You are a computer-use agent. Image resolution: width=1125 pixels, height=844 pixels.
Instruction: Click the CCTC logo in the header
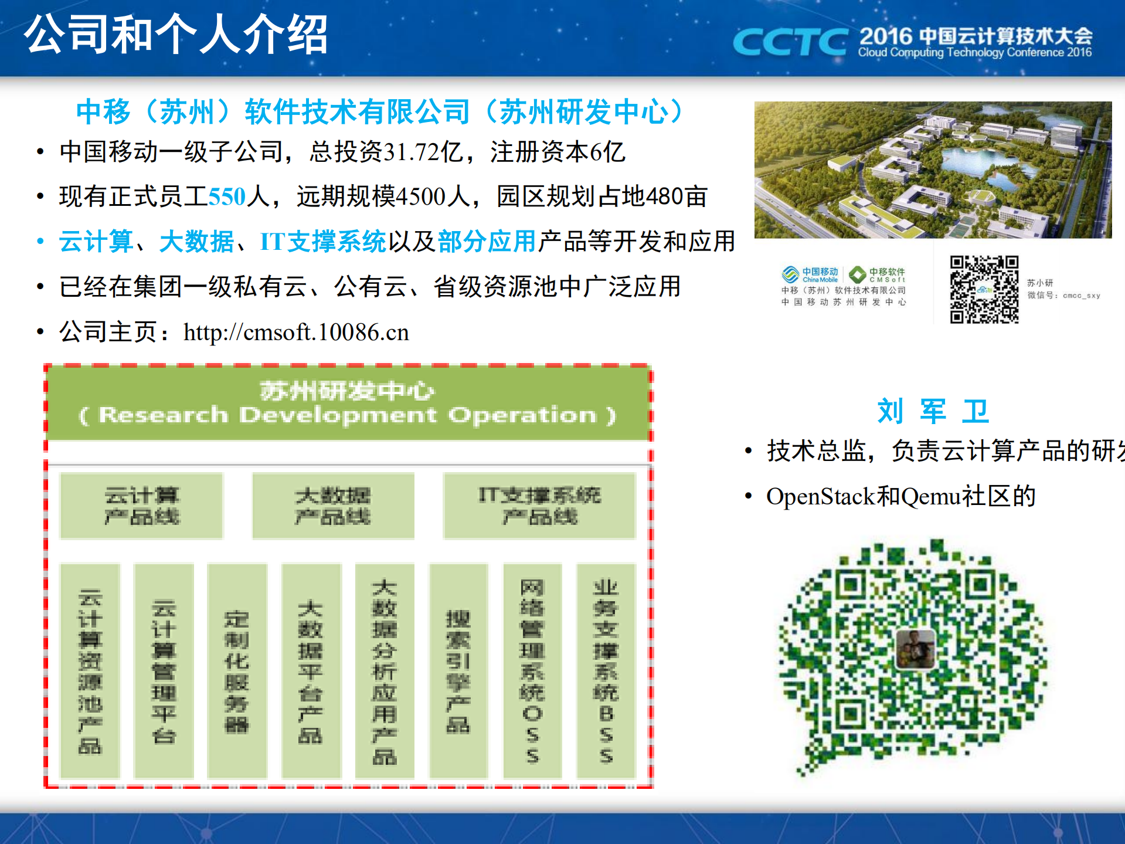(790, 42)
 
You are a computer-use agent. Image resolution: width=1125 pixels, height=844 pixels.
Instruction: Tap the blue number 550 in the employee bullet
(227, 196)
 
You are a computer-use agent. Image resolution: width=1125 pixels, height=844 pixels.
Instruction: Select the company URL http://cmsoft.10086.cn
(296, 333)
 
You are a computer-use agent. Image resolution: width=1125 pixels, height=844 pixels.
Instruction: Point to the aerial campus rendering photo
(932, 170)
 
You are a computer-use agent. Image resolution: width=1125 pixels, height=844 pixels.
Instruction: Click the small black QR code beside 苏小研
(984, 289)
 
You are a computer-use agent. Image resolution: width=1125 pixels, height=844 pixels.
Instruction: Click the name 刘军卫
(932, 411)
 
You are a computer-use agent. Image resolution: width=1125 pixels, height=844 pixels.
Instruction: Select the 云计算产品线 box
(142, 506)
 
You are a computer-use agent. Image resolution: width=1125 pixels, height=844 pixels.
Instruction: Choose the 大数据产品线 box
(333, 506)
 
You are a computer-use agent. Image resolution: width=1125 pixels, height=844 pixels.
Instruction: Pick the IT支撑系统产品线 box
(539, 506)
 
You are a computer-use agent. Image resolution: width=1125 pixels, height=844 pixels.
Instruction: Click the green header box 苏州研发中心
(348, 403)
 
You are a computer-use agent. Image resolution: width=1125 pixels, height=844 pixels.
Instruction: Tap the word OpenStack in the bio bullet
(820, 497)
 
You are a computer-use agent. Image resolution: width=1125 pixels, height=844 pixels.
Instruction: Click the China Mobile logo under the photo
(811, 274)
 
